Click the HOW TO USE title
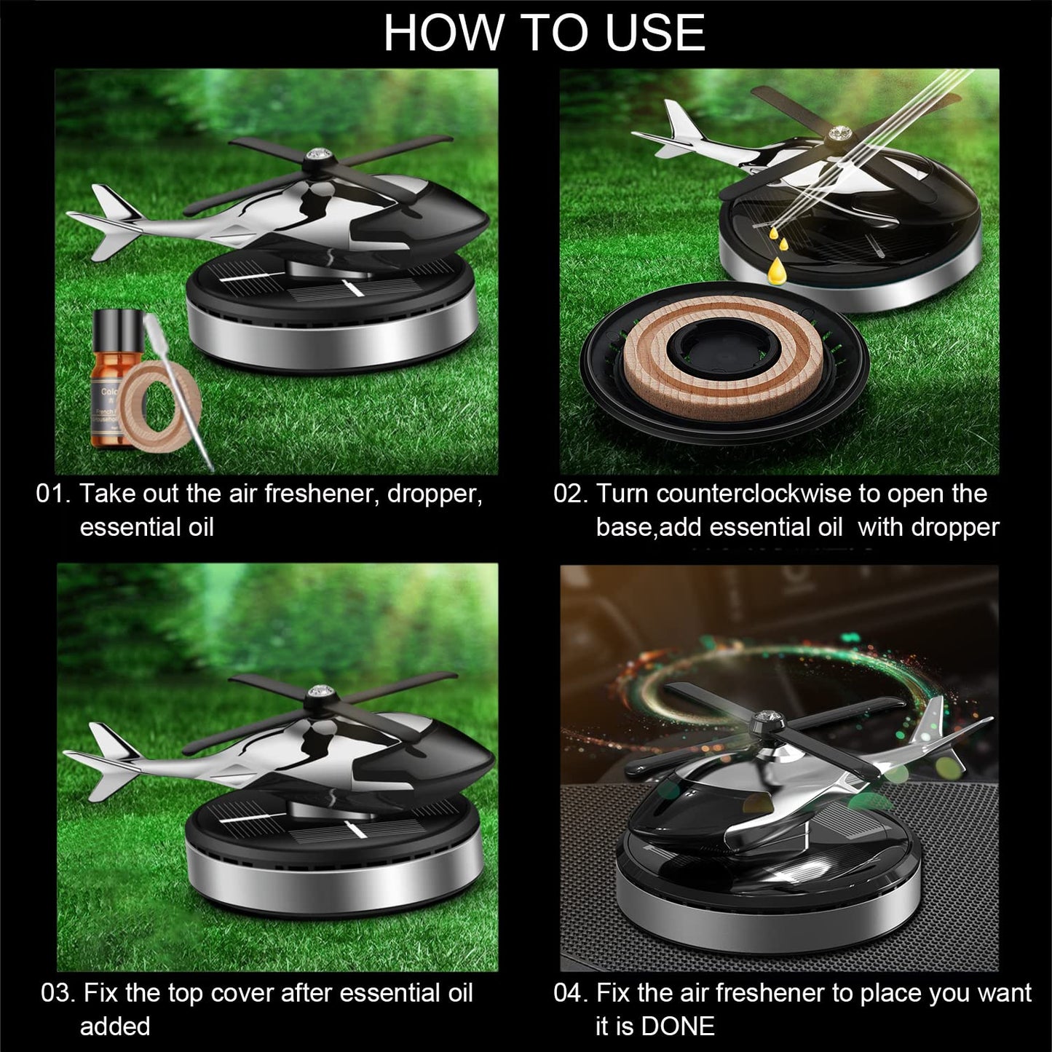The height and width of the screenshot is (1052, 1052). click(544, 32)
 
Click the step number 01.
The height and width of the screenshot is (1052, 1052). click(53, 494)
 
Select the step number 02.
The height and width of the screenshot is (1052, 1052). click(569, 494)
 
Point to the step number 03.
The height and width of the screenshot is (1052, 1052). click(58, 993)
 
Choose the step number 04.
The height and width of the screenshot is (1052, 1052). click(569, 993)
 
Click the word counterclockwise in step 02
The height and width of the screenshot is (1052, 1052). click(754, 494)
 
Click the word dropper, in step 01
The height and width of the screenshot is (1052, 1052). click(434, 494)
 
